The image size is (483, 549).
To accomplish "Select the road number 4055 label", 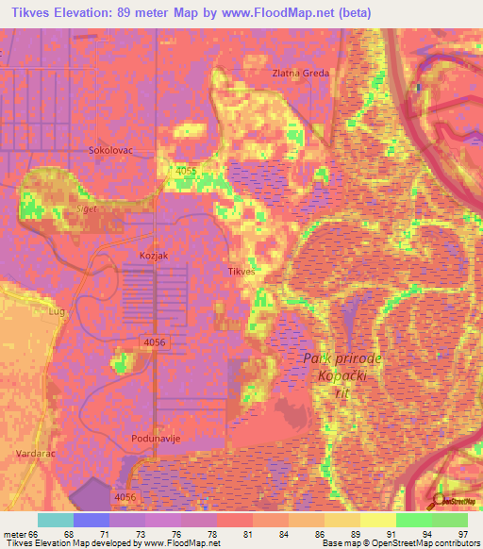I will click(x=186, y=171).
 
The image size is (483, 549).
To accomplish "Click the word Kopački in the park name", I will click(x=332, y=375).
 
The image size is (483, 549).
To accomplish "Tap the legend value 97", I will click(x=462, y=533).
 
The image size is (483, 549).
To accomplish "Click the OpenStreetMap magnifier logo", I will click(x=441, y=501).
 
